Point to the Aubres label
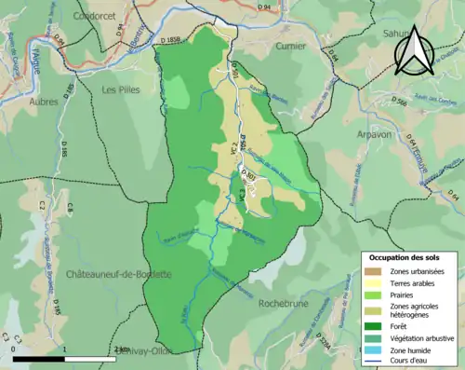[44, 100]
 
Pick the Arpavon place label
[374, 133]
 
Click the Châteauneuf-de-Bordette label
[106, 275]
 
